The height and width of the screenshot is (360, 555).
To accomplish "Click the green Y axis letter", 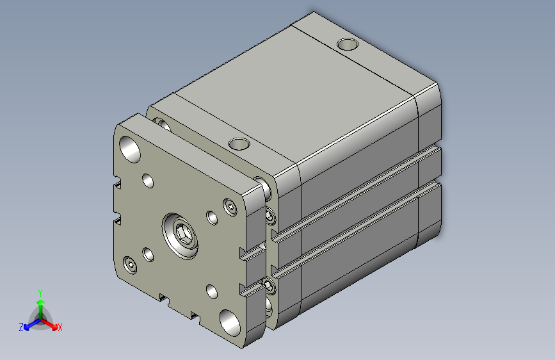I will pos(40,291).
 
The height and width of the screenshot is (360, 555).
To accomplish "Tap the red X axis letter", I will pos(60,327).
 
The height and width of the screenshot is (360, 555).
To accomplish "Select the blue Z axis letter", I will pos(21,327).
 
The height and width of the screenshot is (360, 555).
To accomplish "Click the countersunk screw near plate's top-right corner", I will pos(230,206).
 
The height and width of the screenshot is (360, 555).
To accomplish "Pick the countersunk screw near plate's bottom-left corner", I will pos(132,264).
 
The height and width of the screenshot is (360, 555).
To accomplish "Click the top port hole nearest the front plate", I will pos(239,142).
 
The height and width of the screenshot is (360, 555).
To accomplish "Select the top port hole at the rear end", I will pos(347,45).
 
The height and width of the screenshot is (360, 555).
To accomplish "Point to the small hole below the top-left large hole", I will pos(149,181).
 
